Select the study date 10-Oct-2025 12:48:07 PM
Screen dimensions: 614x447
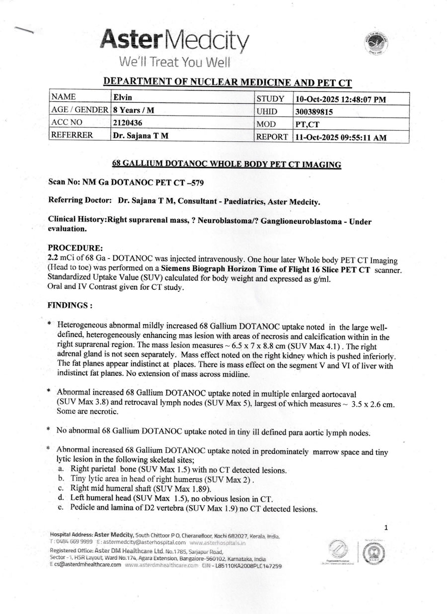tap(340, 99)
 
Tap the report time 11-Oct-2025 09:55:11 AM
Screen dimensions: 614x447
tap(340, 138)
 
